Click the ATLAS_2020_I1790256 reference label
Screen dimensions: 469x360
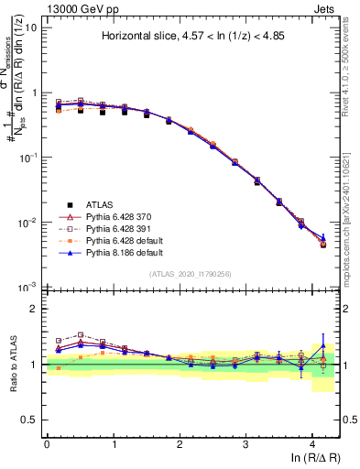pos(191,274)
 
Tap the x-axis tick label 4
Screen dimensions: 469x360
pos(312,443)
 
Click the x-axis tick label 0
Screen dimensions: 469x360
pos(47,443)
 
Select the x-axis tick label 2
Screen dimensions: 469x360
pos(180,443)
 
